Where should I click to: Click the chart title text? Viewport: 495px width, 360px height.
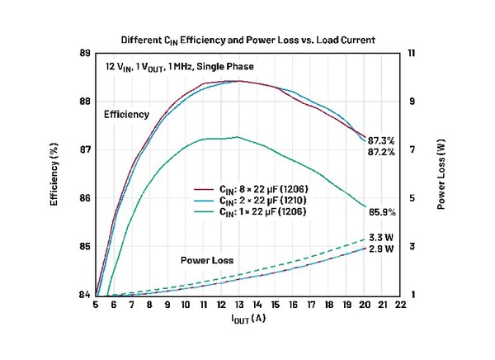pyautogui.click(x=248, y=39)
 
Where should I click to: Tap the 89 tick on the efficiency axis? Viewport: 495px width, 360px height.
pyautogui.click(x=84, y=54)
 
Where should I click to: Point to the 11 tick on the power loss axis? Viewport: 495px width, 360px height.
pyautogui.click(x=414, y=54)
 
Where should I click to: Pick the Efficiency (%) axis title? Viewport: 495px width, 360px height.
pyautogui.click(x=54, y=174)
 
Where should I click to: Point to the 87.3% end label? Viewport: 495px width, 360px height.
pyautogui.click(x=381, y=141)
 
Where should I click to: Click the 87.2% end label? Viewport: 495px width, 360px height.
pyautogui.click(x=381, y=152)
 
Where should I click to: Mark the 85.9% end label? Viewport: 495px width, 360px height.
pyautogui.click(x=381, y=211)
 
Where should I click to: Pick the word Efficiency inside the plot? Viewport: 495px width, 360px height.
pyautogui.click(x=126, y=114)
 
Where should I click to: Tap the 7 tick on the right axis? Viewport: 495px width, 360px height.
pyautogui.click(x=412, y=150)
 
